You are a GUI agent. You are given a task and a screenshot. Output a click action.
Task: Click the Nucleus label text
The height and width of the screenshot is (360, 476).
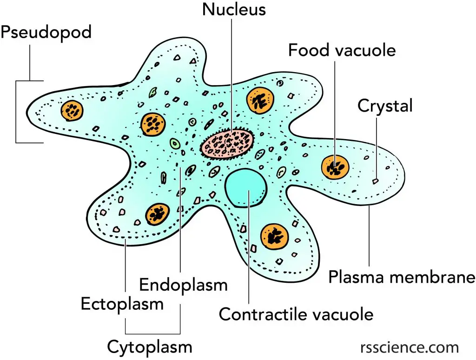coord(234,9)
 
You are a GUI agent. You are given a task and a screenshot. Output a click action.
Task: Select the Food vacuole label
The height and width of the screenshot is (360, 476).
coord(342,50)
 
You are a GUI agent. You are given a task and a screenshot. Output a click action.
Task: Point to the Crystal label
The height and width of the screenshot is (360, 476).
coord(385,107)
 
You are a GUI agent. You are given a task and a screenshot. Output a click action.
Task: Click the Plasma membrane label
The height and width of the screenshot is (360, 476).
coord(402,277)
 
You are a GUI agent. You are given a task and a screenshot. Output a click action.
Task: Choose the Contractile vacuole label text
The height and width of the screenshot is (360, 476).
coord(296,314)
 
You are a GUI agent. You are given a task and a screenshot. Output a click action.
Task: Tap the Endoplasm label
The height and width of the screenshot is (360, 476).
coord(183,285)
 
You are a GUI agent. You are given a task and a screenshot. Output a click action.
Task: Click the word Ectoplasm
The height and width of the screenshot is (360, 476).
coord(122,304)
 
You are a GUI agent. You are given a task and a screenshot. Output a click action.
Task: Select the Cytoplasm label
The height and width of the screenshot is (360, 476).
coord(150,347)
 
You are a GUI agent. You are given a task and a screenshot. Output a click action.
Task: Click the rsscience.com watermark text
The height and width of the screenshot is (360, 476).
coord(410,347)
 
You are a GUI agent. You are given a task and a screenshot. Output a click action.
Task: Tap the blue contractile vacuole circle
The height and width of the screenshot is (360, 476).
coord(246,188)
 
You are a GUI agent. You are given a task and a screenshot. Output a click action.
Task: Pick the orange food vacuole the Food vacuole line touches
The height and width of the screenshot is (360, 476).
coord(335,167)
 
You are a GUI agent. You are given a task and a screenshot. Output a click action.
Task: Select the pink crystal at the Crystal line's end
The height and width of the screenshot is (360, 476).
coord(376,181)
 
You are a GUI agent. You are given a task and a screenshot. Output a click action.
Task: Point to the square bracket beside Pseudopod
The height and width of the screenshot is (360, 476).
coord(16,112)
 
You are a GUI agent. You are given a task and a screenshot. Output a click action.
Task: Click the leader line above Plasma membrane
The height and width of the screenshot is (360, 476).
coord(369,236)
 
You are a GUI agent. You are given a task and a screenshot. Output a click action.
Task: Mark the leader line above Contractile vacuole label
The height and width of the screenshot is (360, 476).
coord(249,247)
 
